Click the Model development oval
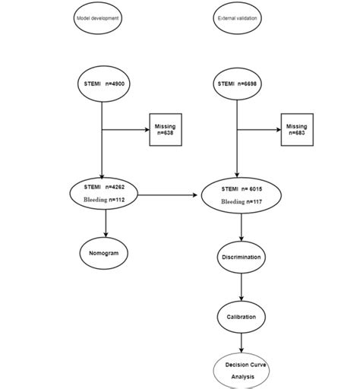(x=99, y=17)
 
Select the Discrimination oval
(x=242, y=257)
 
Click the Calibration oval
(x=242, y=317)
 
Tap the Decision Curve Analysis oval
(x=242, y=370)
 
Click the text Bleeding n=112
(x=104, y=200)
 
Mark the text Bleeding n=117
(x=242, y=201)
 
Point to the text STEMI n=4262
(x=104, y=187)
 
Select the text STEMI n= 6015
(x=242, y=188)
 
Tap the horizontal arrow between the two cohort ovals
(x=170, y=195)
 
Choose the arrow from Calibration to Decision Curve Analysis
(x=242, y=343)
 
